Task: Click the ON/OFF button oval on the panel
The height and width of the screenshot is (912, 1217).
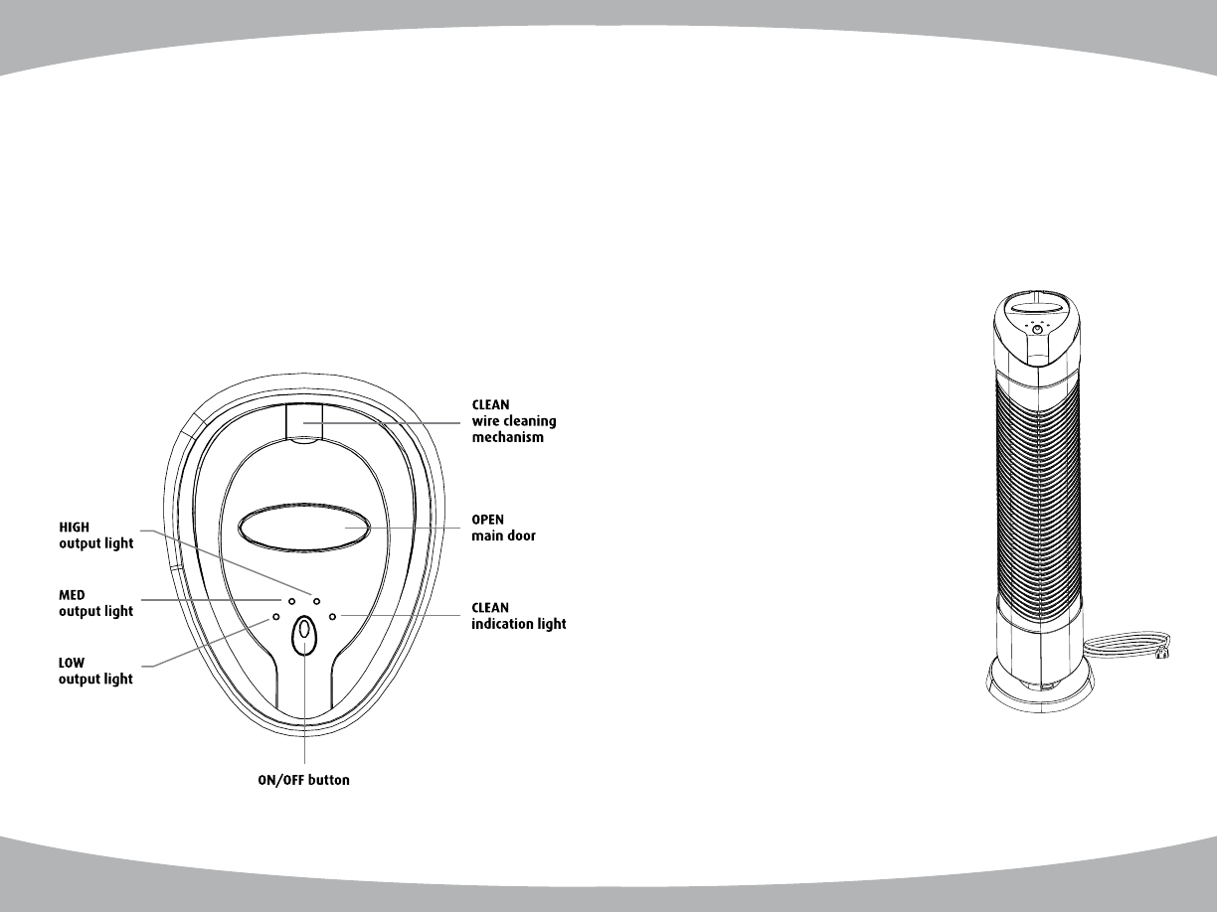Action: pos(304,636)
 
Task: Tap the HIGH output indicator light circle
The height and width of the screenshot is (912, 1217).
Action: pos(316,601)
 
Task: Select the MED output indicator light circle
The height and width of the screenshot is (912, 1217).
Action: pos(291,601)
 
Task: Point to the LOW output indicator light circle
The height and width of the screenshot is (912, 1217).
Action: pos(276,617)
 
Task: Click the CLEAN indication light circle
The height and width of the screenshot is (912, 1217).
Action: pos(332,616)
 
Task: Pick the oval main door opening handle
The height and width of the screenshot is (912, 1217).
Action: pos(304,528)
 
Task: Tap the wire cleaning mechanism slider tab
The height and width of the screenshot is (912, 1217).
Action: pos(304,423)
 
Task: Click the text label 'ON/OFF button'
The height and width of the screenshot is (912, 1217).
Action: pos(304,780)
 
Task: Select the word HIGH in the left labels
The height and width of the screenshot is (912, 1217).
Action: pos(74,528)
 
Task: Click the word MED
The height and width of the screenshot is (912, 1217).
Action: pos(72,595)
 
